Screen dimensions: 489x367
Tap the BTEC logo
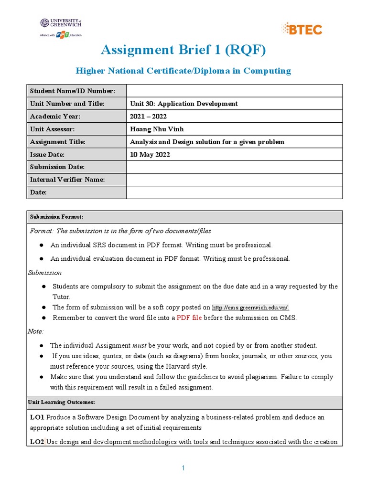tap(302, 29)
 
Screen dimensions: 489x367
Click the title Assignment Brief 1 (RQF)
tap(183, 50)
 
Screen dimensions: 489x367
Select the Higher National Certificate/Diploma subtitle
tap(183, 71)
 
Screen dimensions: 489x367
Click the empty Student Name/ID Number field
tap(234, 91)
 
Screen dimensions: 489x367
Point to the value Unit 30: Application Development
tap(184, 104)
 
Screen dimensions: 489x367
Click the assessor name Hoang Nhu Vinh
tap(156, 129)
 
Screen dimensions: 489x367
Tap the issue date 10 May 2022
tap(150, 155)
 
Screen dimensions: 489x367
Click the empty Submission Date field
tap(234, 167)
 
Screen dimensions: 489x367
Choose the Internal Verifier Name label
tap(67, 180)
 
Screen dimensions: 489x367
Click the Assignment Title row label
tap(57, 142)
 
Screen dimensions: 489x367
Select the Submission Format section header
tap(56, 217)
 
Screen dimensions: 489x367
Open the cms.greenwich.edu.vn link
tap(250, 308)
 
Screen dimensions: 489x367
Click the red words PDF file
tap(189, 318)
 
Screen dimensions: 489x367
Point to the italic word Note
tap(35, 331)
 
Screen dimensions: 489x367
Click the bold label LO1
tap(37, 417)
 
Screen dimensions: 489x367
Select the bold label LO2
tap(37, 442)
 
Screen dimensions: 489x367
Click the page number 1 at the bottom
tap(183, 468)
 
